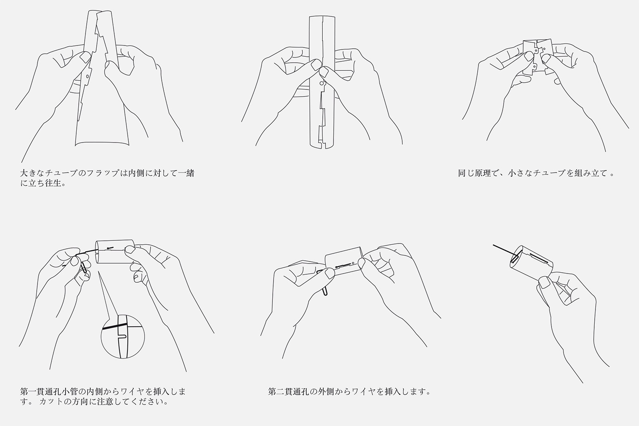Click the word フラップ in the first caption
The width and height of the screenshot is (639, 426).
point(103,173)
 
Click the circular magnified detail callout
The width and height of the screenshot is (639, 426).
point(123,337)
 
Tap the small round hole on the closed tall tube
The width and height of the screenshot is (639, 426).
point(321,83)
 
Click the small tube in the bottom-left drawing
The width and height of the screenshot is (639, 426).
point(115,252)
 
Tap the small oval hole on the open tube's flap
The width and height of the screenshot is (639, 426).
point(87,77)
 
